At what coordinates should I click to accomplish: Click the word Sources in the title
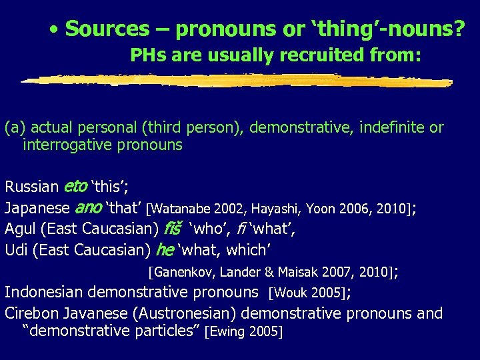pos(107,29)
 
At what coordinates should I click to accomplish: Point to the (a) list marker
pos(15,127)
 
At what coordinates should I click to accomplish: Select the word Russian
pos(31,187)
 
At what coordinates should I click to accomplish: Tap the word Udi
pos(16,251)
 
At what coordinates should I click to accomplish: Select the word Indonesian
pos(45,292)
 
